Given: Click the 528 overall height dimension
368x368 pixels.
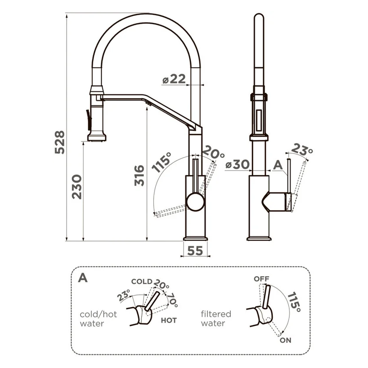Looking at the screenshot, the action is (x=60, y=142).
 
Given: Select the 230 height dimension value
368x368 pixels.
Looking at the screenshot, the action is (x=77, y=187).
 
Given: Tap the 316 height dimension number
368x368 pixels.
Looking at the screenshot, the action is (x=139, y=175).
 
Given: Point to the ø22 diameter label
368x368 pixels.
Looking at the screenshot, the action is (x=174, y=79).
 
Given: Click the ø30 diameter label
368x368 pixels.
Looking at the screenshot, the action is (x=237, y=165).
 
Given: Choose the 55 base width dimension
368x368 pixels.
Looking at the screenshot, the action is (x=195, y=251).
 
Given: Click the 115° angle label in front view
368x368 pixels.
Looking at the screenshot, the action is (x=161, y=162).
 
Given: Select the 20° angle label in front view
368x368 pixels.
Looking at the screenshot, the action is (x=213, y=152).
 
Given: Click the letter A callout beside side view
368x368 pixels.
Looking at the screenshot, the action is (x=278, y=165).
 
